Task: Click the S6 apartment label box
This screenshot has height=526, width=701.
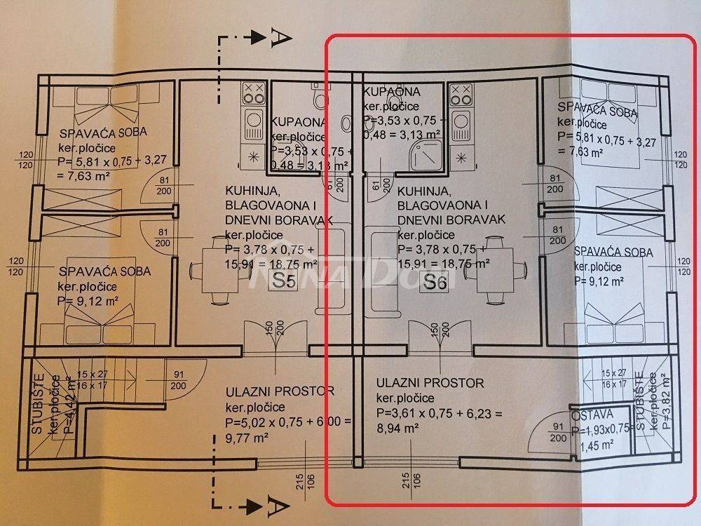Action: coord(436,283)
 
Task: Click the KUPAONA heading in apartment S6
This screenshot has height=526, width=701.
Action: coord(392,92)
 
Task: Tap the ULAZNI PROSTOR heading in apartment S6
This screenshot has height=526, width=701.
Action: coord(430,383)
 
